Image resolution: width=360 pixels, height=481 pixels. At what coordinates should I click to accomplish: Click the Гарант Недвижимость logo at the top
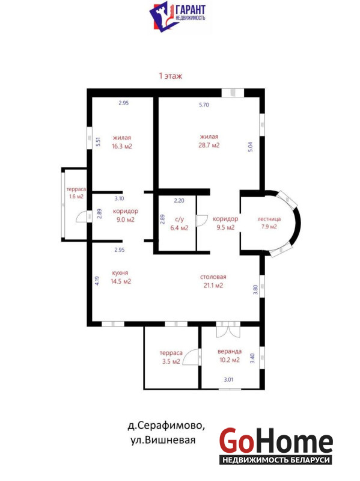pos(178,16)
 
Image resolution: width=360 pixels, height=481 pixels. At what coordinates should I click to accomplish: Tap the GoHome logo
pos(276,446)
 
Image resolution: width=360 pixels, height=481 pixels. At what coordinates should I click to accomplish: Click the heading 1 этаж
pos(171,76)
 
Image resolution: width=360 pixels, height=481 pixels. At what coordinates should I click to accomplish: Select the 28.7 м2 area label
pos(209,145)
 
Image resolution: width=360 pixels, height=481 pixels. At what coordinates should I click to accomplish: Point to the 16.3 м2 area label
pos(122,146)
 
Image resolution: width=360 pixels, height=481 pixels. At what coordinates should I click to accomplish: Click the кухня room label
pos(120,273)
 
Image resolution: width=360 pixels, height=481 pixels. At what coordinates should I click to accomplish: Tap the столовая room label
pos(213,277)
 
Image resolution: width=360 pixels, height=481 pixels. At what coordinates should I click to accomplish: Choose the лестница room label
pos(269,219)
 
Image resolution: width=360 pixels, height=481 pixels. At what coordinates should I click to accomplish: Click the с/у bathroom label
pos(179,219)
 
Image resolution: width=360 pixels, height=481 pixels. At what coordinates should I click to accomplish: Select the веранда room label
pos(230,351)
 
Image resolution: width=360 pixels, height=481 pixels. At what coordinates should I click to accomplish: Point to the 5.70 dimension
pos(204,105)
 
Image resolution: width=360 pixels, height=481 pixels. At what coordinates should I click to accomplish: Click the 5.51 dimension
pos(99,141)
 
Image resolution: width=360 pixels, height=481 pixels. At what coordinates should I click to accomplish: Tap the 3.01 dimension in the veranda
pos(228,379)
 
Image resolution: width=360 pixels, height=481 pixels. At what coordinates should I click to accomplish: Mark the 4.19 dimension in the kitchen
pos(97,281)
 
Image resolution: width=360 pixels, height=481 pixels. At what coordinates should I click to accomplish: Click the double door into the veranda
pos(228,329)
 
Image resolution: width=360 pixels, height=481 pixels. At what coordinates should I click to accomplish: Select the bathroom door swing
pos(203,220)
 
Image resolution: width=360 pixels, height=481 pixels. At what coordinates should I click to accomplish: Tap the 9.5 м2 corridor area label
pos(225,227)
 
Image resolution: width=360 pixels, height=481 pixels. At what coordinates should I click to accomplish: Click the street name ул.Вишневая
pos(163,440)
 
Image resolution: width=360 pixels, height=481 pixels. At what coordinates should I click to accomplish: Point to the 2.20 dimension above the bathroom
pos(179,201)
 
